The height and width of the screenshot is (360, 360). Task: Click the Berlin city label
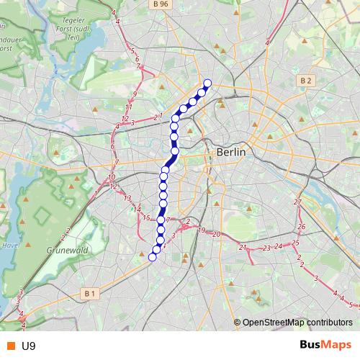[x=230, y=153]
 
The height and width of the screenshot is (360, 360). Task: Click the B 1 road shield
[x=89, y=293]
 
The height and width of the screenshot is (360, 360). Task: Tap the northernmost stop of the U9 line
[x=207, y=83]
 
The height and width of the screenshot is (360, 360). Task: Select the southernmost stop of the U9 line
[x=152, y=257]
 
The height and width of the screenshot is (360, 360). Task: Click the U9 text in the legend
[x=29, y=346]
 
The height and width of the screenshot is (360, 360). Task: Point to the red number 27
[x=297, y=202]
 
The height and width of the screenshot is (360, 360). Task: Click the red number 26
[x=302, y=227]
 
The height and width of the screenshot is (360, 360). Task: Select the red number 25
[x=295, y=243]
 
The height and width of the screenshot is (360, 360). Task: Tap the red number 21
[x=243, y=248]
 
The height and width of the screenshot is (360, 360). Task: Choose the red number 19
[x=201, y=230]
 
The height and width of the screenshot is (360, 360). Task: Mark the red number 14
[x=137, y=209]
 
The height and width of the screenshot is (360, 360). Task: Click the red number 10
[x=111, y=177]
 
